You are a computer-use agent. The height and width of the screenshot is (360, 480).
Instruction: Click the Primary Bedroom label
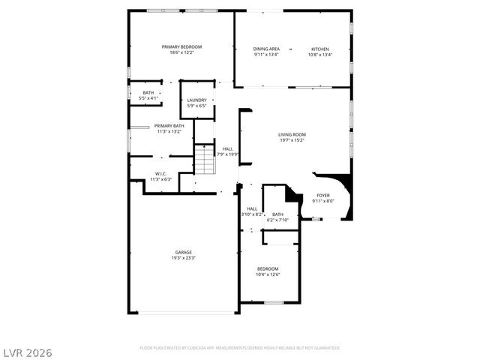(181, 46)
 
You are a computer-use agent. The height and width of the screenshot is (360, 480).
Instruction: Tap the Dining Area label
(266, 49)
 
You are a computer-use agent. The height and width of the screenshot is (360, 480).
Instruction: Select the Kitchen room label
(320, 49)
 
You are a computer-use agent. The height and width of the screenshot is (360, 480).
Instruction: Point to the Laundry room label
(196, 100)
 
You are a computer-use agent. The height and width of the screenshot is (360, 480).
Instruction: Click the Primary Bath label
(169, 126)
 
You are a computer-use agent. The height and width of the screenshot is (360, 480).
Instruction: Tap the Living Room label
(292, 134)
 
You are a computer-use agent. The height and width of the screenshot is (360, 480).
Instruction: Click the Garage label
(184, 252)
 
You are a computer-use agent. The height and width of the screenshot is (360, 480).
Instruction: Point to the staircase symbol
(205, 160)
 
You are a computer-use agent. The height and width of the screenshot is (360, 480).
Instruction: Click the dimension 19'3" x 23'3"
(184, 258)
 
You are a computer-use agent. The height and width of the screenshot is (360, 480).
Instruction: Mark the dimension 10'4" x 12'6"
(268, 274)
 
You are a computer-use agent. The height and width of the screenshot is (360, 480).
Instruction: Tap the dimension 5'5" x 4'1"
(148, 98)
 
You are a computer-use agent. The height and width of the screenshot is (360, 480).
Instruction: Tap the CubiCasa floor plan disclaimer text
(240, 348)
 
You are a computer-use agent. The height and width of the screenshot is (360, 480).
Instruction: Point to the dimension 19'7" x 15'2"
(292, 140)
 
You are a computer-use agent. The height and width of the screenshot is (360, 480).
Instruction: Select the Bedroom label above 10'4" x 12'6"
(268, 268)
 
